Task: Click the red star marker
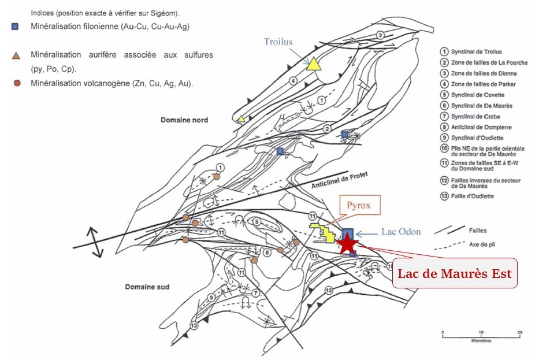click(x=347, y=244)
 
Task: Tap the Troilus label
click(x=279, y=41)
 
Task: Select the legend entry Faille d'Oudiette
click(x=475, y=196)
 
